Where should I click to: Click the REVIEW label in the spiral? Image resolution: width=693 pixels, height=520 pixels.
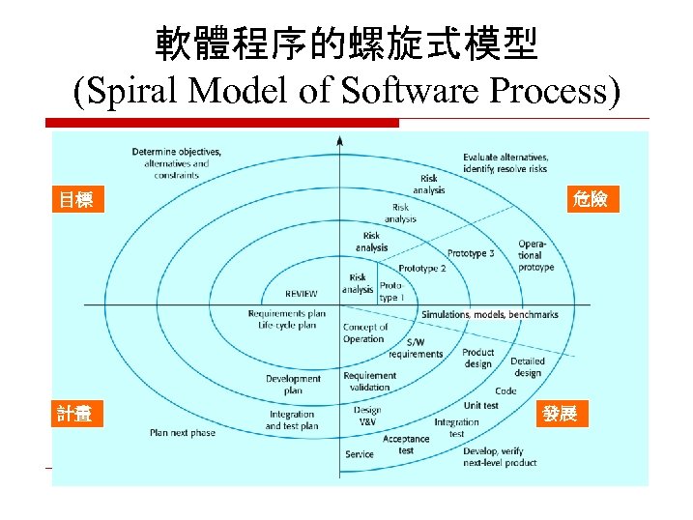[x=301, y=294]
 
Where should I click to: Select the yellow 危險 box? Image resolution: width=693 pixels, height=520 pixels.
[x=589, y=200]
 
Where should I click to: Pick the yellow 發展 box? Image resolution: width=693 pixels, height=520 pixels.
[x=560, y=414]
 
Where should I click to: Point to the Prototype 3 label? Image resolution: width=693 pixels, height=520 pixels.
[x=471, y=253]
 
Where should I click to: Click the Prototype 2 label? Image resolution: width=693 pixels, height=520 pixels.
[x=422, y=268]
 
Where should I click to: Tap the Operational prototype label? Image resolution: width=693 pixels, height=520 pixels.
[x=535, y=255]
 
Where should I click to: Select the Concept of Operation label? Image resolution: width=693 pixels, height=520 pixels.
[x=364, y=333]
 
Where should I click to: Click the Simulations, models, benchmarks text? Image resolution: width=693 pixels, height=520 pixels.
[x=490, y=314]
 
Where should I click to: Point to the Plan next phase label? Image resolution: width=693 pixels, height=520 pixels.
[x=183, y=433]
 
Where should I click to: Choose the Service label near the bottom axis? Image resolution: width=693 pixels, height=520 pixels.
[x=359, y=454]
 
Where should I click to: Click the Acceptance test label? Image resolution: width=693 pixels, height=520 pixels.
[x=406, y=445]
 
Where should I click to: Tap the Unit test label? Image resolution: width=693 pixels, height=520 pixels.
[x=480, y=406]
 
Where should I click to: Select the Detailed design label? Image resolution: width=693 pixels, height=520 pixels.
[x=527, y=367]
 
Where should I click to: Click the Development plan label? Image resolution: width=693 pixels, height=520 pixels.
[x=293, y=385]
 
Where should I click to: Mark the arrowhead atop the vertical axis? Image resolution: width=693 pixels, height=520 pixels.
[x=339, y=141]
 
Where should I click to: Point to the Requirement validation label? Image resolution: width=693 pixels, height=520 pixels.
[x=368, y=382]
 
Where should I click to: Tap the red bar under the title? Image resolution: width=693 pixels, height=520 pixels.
[x=222, y=123]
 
